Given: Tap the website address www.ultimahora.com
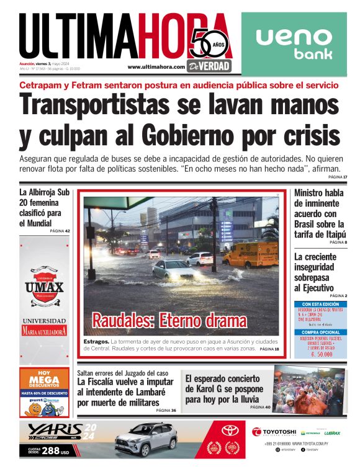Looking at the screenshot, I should click(156, 67).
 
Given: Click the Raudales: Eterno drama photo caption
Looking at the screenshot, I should click(169, 321).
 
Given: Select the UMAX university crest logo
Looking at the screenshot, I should click(44, 286).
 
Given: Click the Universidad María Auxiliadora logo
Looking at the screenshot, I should click(44, 327).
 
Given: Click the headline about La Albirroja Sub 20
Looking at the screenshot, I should click(44, 208).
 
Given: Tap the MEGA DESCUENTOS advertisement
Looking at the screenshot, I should click(44, 392).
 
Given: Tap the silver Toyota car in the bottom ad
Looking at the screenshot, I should click(146, 440).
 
